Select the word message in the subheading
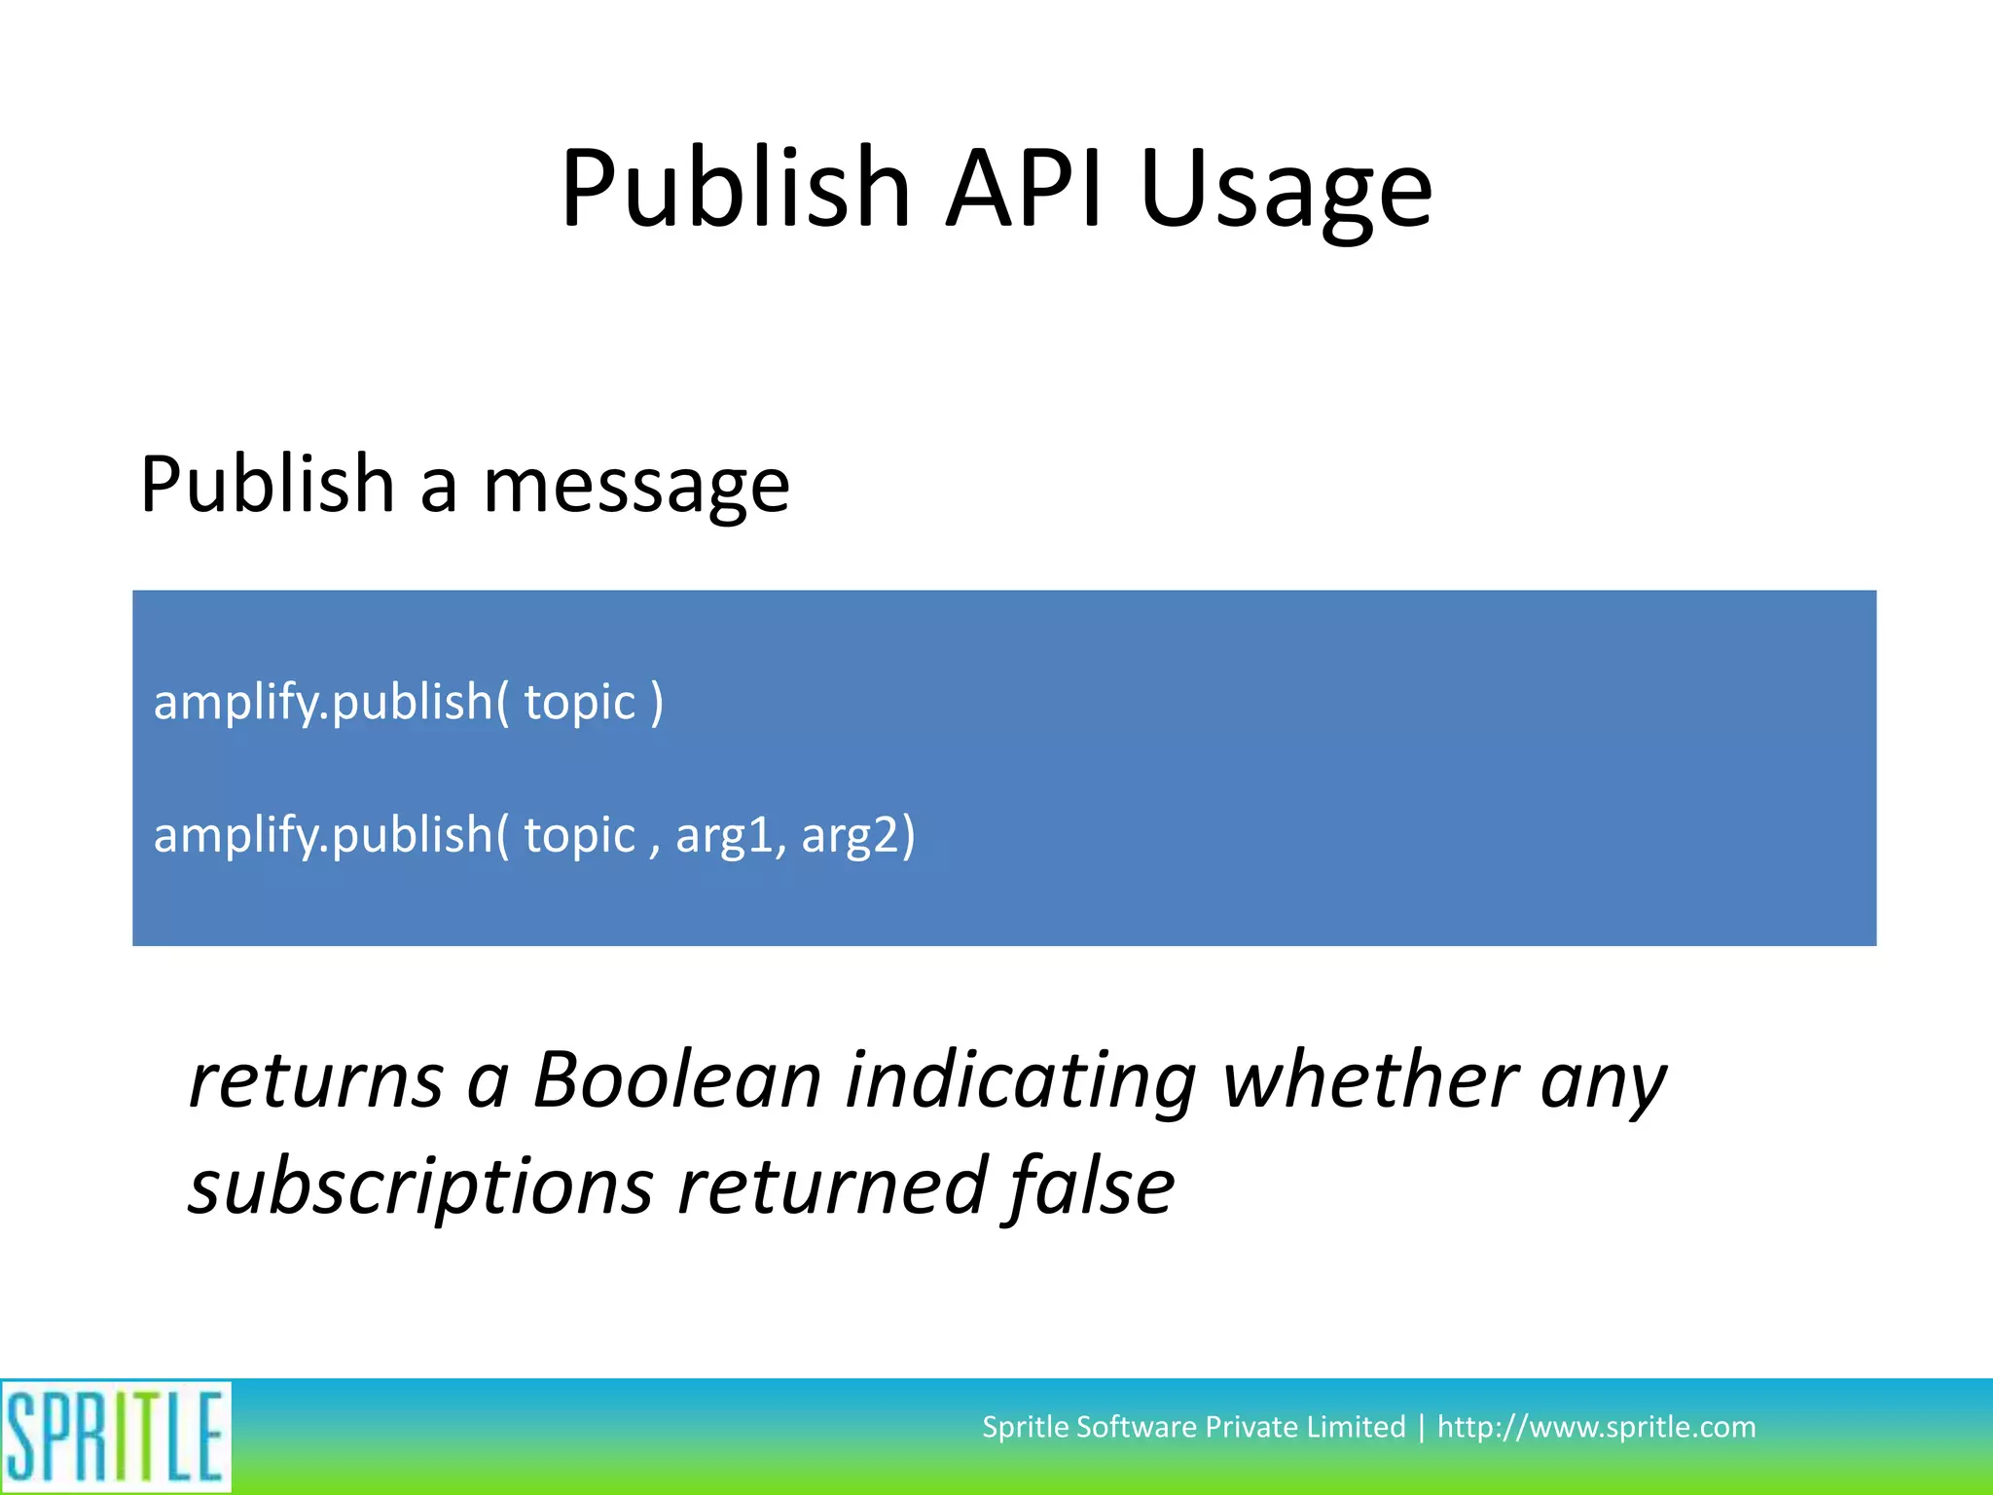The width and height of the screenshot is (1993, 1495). click(636, 487)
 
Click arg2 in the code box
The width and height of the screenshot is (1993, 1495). click(856, 835)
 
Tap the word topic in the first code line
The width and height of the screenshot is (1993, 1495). click(579, 703)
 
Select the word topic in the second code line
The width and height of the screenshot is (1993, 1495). click(579, 835)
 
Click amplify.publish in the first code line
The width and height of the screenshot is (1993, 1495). click(323, 703)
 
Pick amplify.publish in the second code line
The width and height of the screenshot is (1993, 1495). click(323, 835)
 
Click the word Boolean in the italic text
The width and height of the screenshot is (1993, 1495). click(677, 1079)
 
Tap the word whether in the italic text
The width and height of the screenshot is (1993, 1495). click(1368, 1079)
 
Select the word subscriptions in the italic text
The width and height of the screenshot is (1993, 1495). click(420, 1186)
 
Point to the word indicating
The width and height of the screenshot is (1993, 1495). click(1020, 1081)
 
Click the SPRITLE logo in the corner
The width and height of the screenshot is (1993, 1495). click(115, 1436)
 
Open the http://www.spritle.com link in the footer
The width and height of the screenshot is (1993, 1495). click(1596, 1427)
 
